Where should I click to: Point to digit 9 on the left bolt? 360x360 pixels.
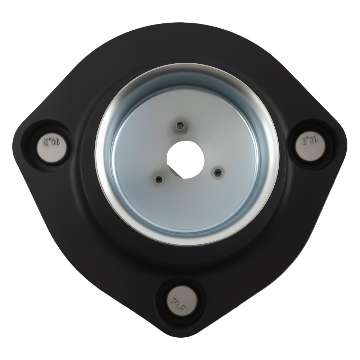tap(46, 142)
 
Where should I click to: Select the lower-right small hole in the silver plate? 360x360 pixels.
tap(217, 173)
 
